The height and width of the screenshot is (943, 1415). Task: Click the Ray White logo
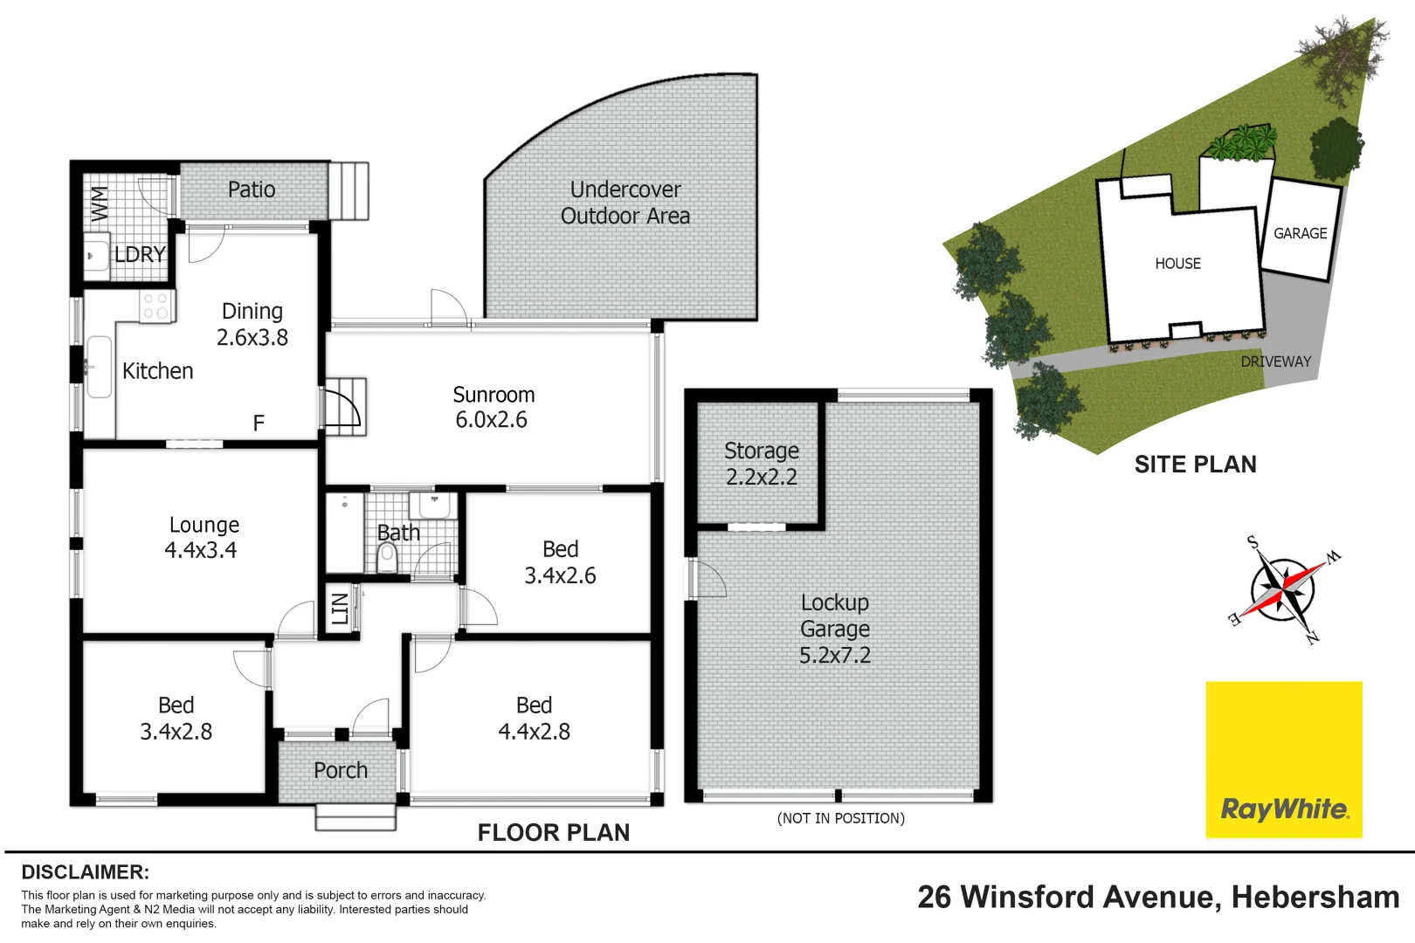click(1284, 809)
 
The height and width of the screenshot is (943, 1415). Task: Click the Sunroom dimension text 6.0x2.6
click(491, 420)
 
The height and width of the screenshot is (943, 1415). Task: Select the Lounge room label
click(204, 525)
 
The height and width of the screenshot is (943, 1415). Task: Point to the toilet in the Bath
click(387, 557)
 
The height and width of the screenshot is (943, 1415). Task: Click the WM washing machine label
click(99, 203)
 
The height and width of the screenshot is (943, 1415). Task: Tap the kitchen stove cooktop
click(156, 306)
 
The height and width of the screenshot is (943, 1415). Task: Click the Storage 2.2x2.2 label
click(761, 464)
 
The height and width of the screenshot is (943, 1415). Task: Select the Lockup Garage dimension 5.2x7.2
click(834, 655)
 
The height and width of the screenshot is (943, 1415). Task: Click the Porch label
click(341, 770)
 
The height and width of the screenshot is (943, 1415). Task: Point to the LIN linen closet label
click(340, 608)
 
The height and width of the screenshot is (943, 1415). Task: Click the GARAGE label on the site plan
click(1300, 233)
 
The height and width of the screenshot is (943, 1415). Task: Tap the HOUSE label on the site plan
click(1177, 264)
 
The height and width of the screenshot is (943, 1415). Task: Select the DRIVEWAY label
click(1275, 361)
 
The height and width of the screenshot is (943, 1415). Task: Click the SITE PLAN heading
click(1195, 465)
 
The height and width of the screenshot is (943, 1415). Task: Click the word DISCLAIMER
click(85, 872)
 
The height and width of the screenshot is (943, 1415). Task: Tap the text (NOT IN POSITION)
click(840, 818)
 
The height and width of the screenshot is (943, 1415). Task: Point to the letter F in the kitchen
click(259, 423)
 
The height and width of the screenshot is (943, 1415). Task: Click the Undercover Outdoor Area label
click(625, 203)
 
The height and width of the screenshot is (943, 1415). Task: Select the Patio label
click(252, 189)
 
